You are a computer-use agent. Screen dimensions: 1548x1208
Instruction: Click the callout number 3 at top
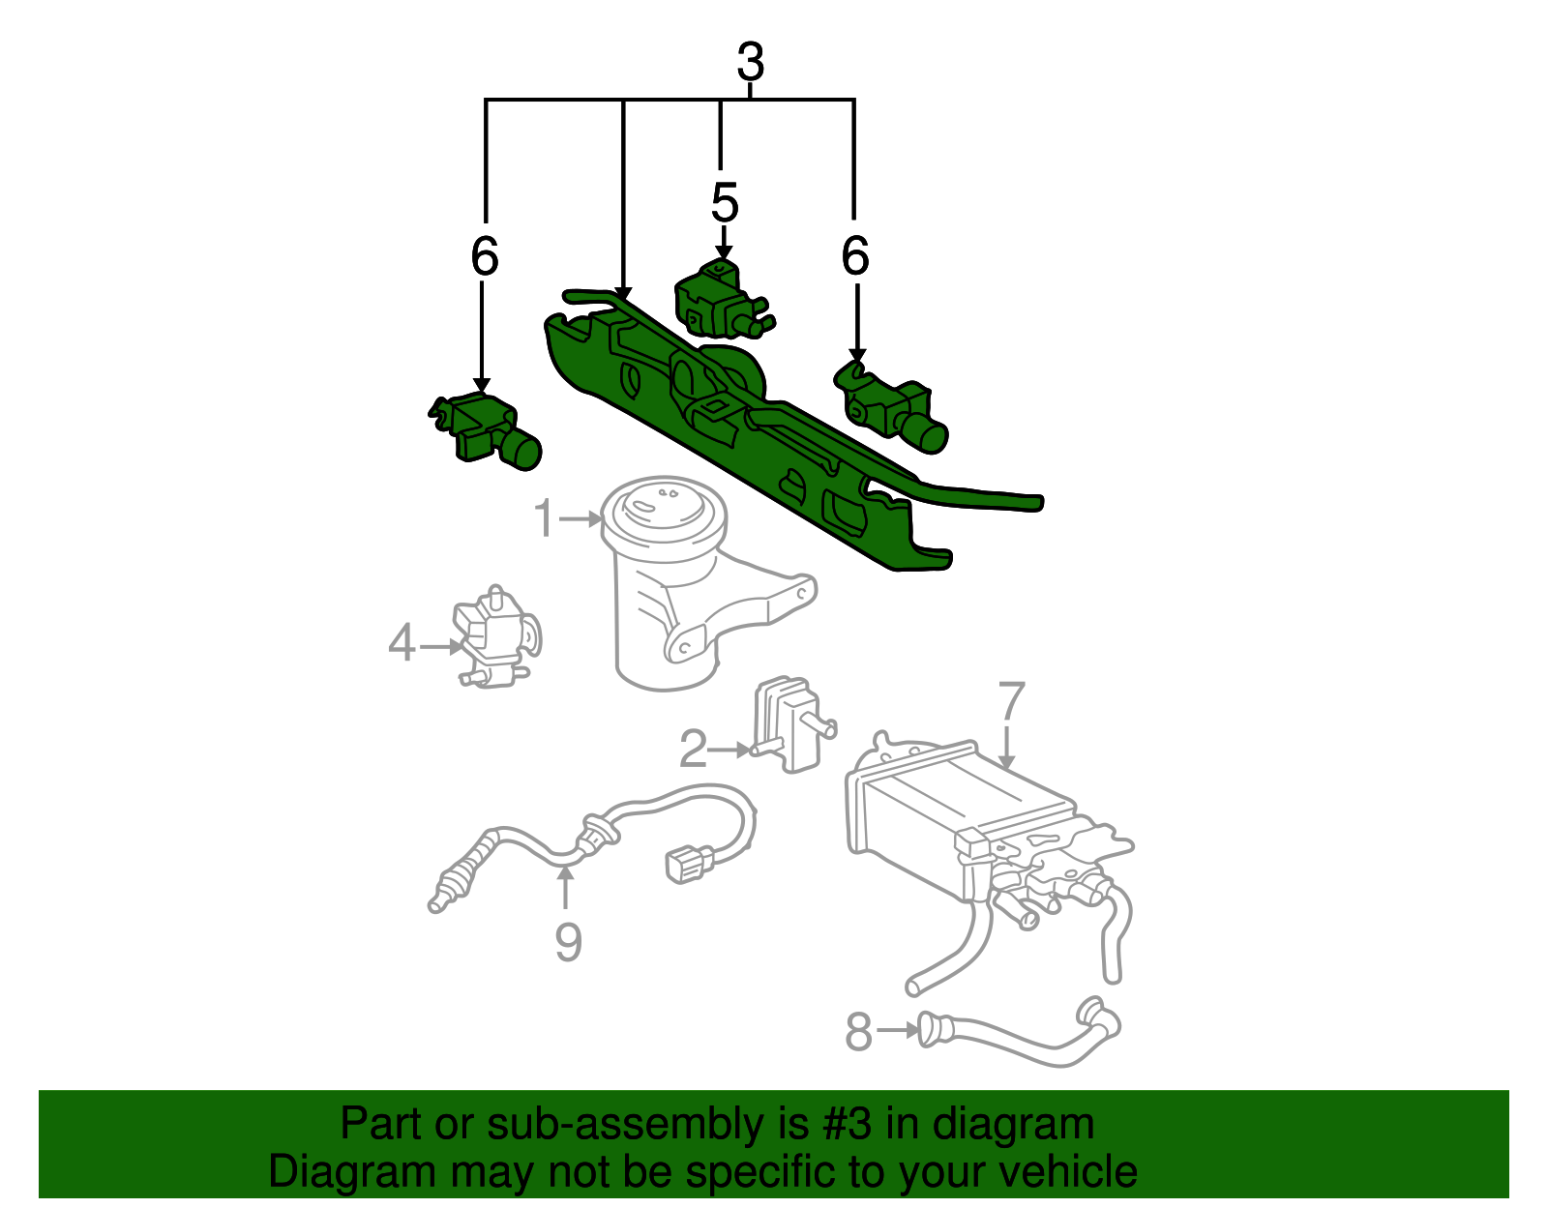pos(750,62)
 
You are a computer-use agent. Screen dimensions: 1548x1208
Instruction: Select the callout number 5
pos(725,202)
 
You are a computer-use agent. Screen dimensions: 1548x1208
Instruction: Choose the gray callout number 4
pos(402,643)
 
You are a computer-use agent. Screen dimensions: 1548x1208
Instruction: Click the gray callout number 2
pos(693,749)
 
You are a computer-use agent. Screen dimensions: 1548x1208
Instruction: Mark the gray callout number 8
pos(858,1031)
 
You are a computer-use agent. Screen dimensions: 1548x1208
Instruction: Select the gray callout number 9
pos(569,942)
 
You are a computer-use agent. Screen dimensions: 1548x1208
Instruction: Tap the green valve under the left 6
pos(485,430)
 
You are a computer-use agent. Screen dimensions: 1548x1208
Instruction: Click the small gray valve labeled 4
pos(496,636)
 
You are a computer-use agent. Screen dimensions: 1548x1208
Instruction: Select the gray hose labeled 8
pos(1019,1033)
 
